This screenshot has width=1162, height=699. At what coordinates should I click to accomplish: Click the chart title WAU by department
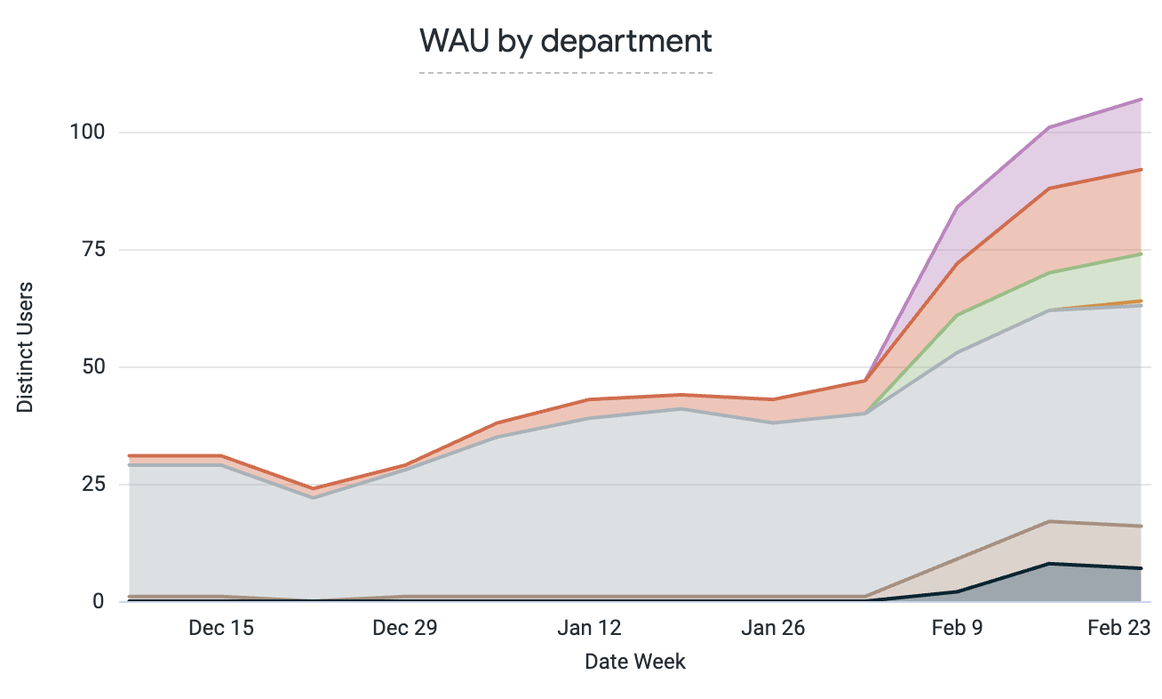[566, 41]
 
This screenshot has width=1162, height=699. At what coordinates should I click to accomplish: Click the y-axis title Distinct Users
[26, 347]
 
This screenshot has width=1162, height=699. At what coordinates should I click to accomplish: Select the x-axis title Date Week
[634, 662]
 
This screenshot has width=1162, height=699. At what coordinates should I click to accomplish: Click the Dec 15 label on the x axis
[220, 628]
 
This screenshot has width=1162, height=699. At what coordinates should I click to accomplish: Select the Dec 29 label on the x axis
[405, 628]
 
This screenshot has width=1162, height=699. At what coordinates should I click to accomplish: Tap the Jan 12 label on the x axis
[589, 628]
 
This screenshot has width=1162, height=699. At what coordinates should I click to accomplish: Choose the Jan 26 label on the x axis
[773, 628]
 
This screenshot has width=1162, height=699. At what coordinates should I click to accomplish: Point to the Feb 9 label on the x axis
[957, 628]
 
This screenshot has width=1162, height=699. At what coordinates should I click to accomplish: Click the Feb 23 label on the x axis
[1119, 628]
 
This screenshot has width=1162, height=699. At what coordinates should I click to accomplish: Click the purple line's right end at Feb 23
[1141, 100]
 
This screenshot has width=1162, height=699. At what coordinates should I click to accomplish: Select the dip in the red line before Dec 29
[313, 489]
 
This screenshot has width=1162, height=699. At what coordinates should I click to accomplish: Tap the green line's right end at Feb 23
[1141, 254]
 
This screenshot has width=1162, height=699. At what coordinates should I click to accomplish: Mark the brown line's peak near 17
[1049, 521]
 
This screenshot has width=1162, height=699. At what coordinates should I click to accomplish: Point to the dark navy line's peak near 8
[1049, 564]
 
